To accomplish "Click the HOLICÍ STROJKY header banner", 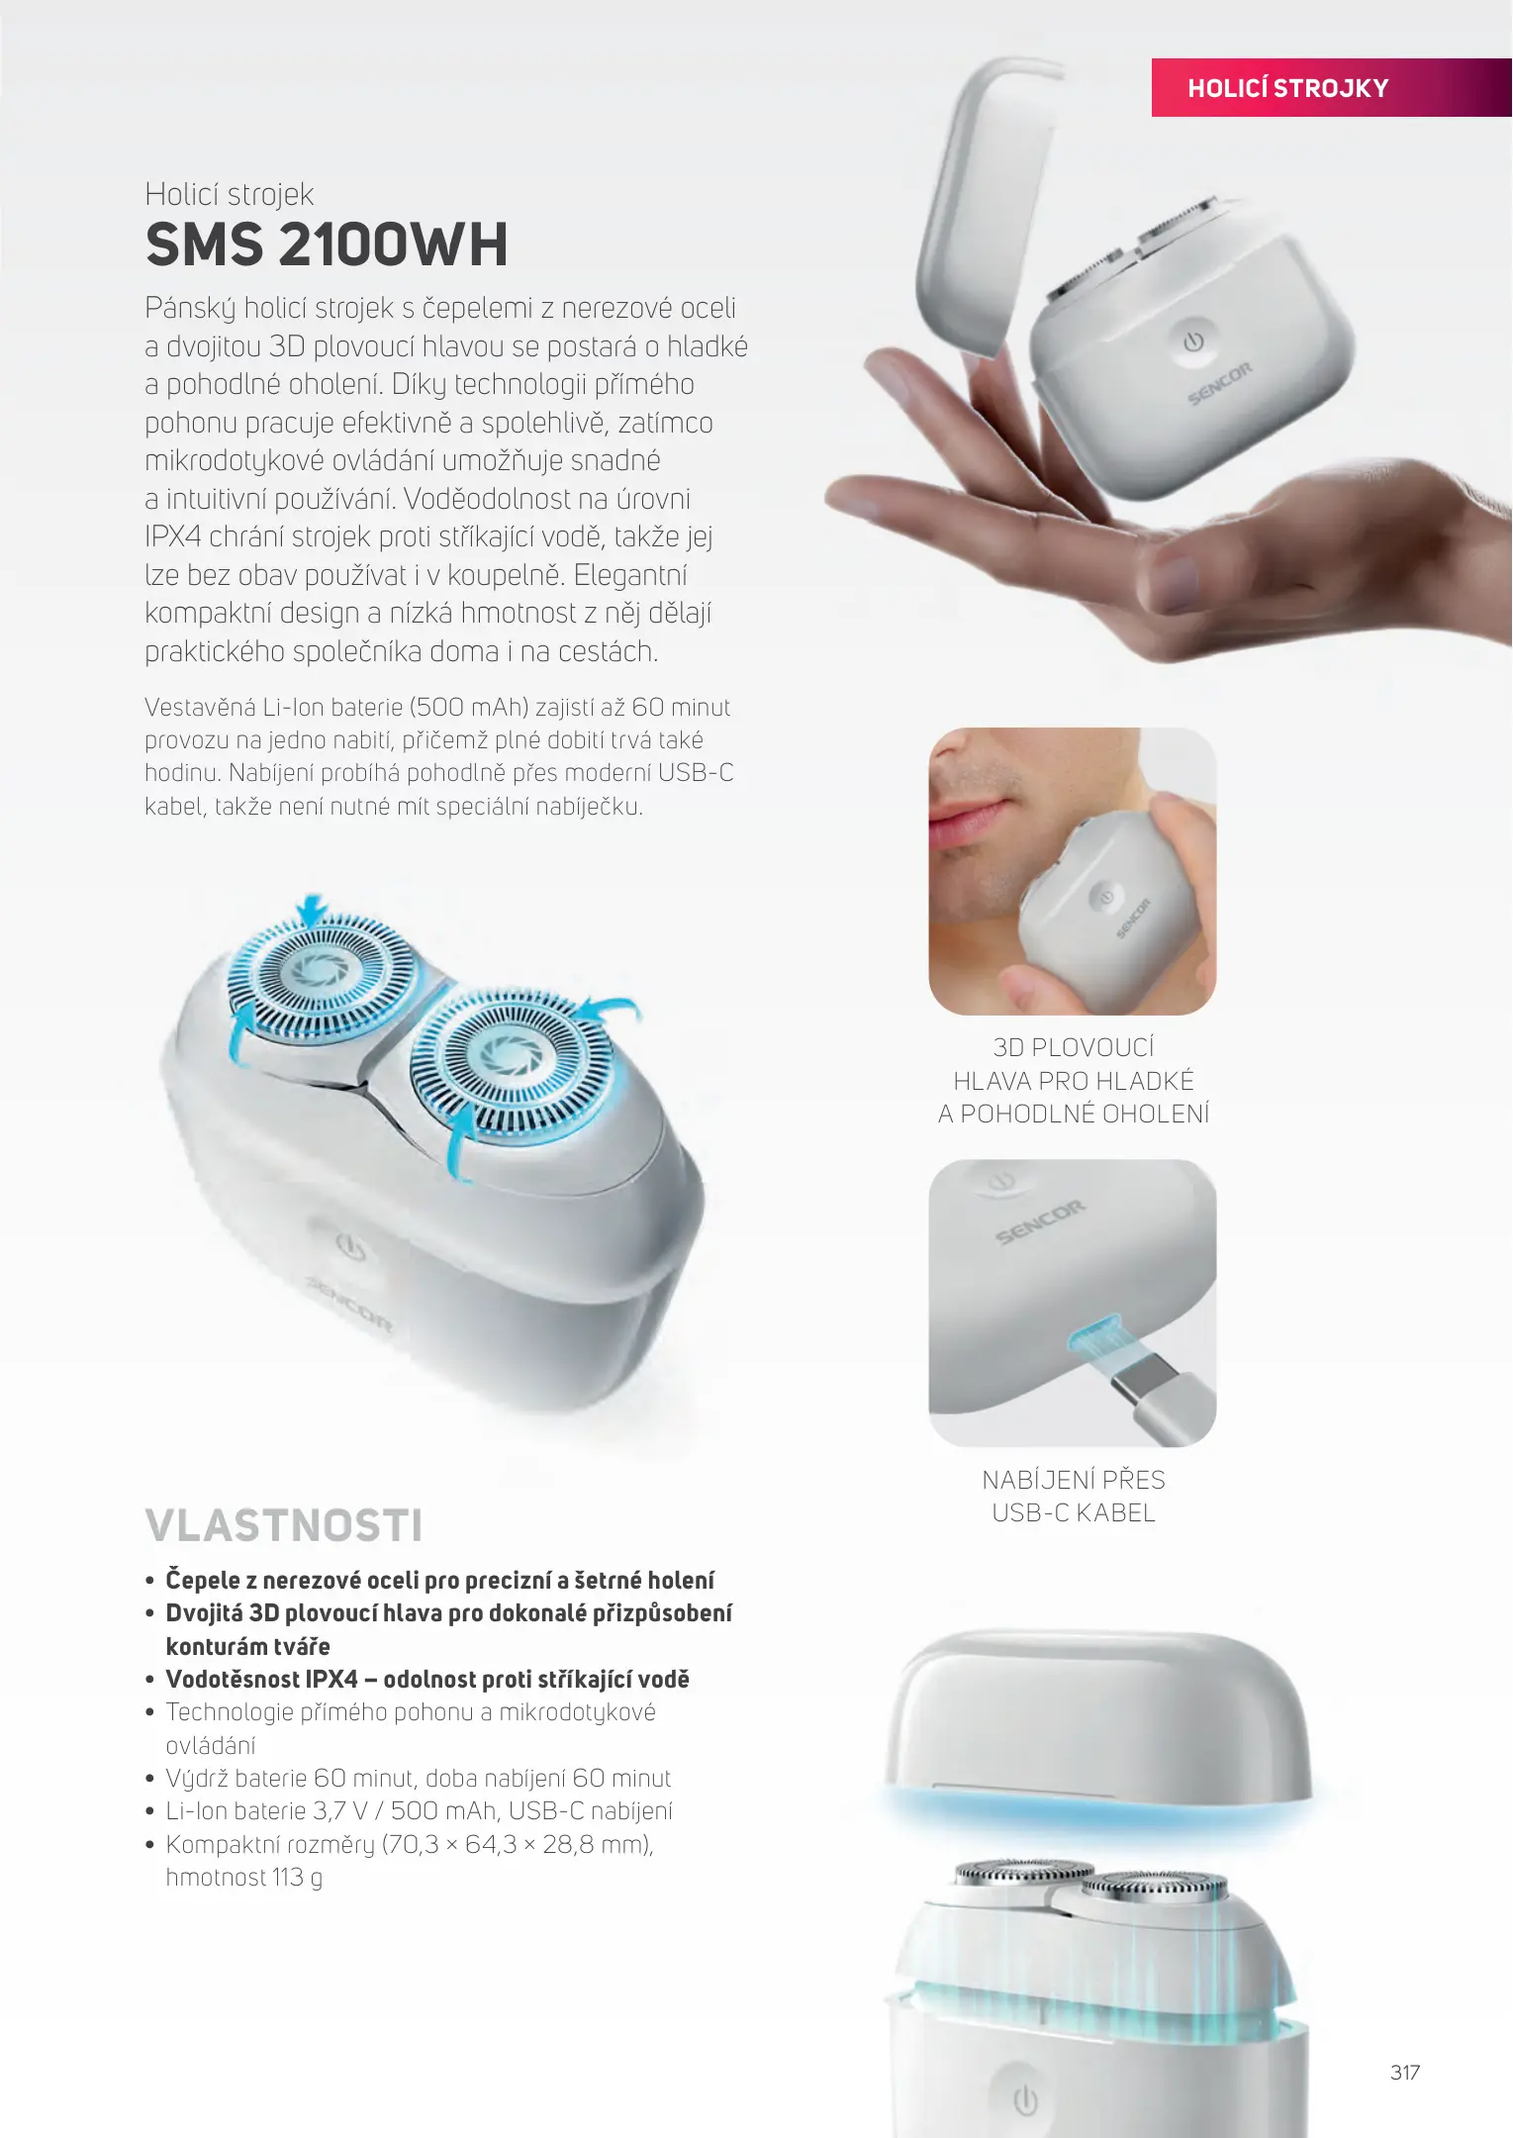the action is [x=1332, y=87].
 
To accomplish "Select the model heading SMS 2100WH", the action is [x=327, y=244].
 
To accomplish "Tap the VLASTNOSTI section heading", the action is [x=284, y=1525].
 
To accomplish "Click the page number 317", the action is [x=1405, y=2072].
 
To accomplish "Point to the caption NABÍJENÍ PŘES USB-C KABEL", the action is [x=1074, y=1496].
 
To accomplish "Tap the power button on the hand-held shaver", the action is [x=1194, y=341].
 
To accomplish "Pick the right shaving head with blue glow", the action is [x=512, y=1061].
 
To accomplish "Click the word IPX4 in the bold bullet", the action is [x=331, y=1679].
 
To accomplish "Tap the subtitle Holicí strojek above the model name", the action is [x=229, y=194].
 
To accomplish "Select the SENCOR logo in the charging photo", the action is [x=1040, y=1222].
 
